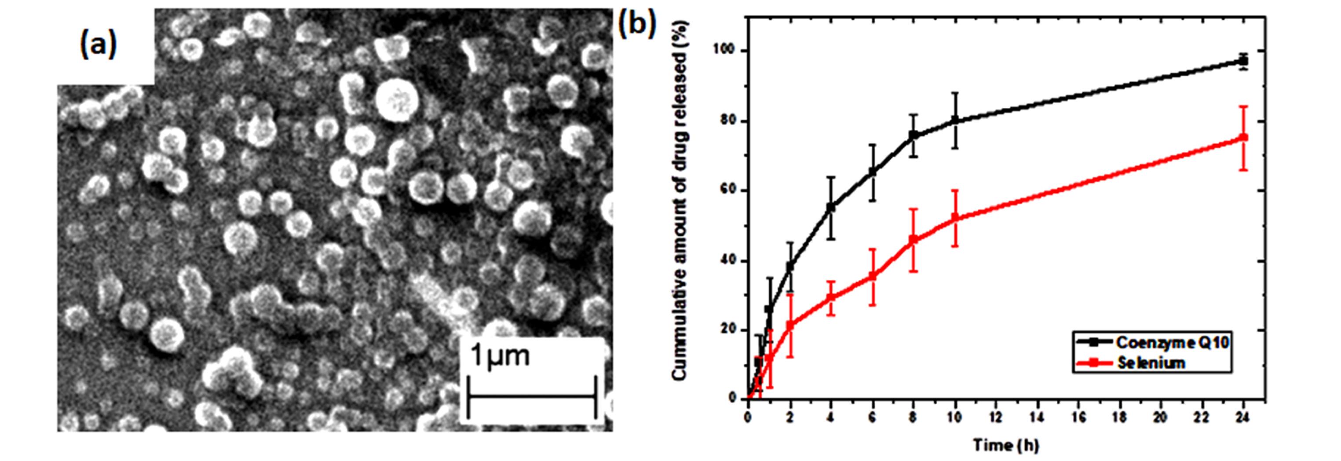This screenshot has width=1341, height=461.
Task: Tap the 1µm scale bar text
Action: pyautogui.click(x=500, y=356)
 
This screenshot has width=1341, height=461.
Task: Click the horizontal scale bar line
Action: pyautogui.click(x=531, y=396)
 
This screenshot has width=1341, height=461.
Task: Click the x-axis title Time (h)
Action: pyautogui.click(x=1005, y=445)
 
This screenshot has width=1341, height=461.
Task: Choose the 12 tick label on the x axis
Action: pyautogui.click(x=996, y=419)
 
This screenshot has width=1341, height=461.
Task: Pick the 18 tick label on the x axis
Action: pyautogui.click(x=1120, y=419)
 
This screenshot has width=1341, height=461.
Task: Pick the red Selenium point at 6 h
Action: pyautogui.click(x=873, y=277)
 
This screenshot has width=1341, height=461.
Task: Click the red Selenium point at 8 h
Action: pyautogui.click(x=913, y=240)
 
